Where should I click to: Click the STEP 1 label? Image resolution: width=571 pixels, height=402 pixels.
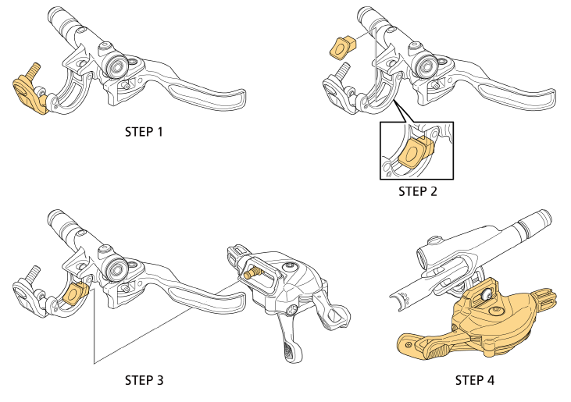click(x=145, y=132)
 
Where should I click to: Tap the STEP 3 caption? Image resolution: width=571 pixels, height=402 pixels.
click(x=145, y=380)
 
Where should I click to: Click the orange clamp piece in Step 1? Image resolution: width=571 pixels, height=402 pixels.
click(x=29, y=94)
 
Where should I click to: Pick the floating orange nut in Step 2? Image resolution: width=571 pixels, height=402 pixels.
click(x=341, y=48)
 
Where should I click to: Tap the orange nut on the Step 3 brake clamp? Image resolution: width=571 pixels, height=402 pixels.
click(x=74, y=293)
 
